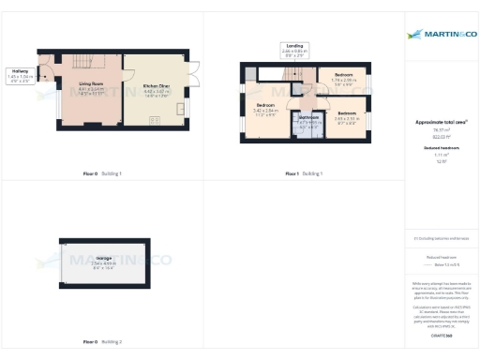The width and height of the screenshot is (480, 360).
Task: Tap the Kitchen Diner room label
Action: tap(156, 86)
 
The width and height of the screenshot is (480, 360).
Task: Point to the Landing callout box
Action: tap(293, 49)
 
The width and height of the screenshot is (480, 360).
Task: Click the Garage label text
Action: tap(104, 259)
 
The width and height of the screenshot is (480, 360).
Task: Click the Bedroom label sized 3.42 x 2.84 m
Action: tap(264, 105)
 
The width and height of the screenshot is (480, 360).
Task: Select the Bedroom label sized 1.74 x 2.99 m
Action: tap(344, 74)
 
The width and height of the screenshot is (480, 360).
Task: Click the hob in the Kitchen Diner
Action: tap(156, 120)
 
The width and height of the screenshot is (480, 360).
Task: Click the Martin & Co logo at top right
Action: tap(440, 35)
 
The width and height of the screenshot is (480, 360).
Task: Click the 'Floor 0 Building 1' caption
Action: tap(104, 173)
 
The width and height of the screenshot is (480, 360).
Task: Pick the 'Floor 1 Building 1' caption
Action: tap(304, 173)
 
